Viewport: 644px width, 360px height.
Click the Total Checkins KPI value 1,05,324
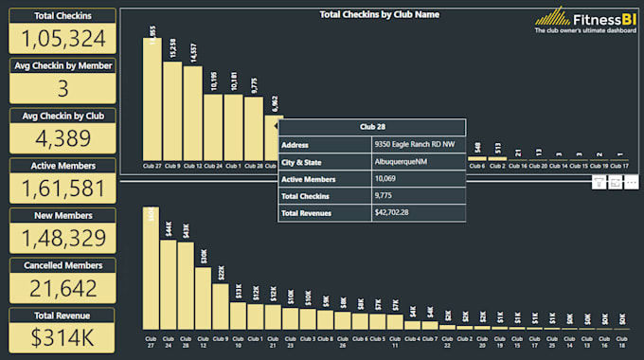point(63,38)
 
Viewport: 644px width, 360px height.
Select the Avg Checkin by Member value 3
point(63,88)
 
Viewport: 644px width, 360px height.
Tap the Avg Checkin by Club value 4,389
point(63,137)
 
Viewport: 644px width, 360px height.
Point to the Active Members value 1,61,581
point(63,188)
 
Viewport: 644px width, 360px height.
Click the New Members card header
point(63,215)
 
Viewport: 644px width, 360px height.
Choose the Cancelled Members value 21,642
point(63,287)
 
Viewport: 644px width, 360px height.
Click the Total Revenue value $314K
point(63,336)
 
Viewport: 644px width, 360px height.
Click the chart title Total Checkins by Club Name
point(379,14)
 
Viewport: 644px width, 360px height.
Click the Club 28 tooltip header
point(371,126)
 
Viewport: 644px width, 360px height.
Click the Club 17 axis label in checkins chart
point(619,165)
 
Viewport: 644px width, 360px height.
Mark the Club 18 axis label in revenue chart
point(620,341)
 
